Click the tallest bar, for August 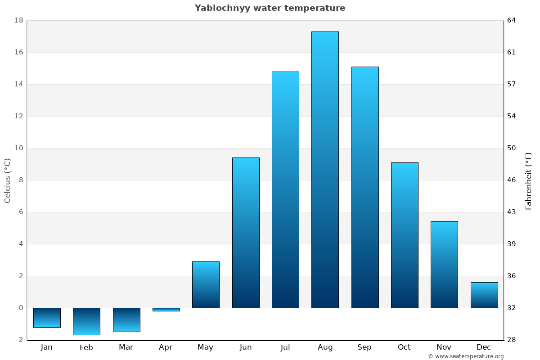click(x=325, y=170)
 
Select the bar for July click(x=285, y=189)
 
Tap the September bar click(x=365, y=187)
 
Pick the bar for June click(x=246, y=233)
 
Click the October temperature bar click(x=405, y=235)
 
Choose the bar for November click(x=444, y=265)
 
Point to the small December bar click(x=484, y=295)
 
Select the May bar click(x=206, y=284)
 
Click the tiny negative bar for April click(x=166, y=310)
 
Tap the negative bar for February click(x=86, y=321)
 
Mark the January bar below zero click(x=47, y=318)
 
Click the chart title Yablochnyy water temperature click(x=270, y=8)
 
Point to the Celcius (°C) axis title click(x=7, y=180)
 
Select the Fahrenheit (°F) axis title click(x=528, y=180)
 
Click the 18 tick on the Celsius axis click(x=19, y=20)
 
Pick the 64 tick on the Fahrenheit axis click(x=512, y=20)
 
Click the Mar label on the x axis click(x=126, y=347)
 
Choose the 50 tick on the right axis click(x=512, y=148)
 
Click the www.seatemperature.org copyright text click(x=466, y=356)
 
